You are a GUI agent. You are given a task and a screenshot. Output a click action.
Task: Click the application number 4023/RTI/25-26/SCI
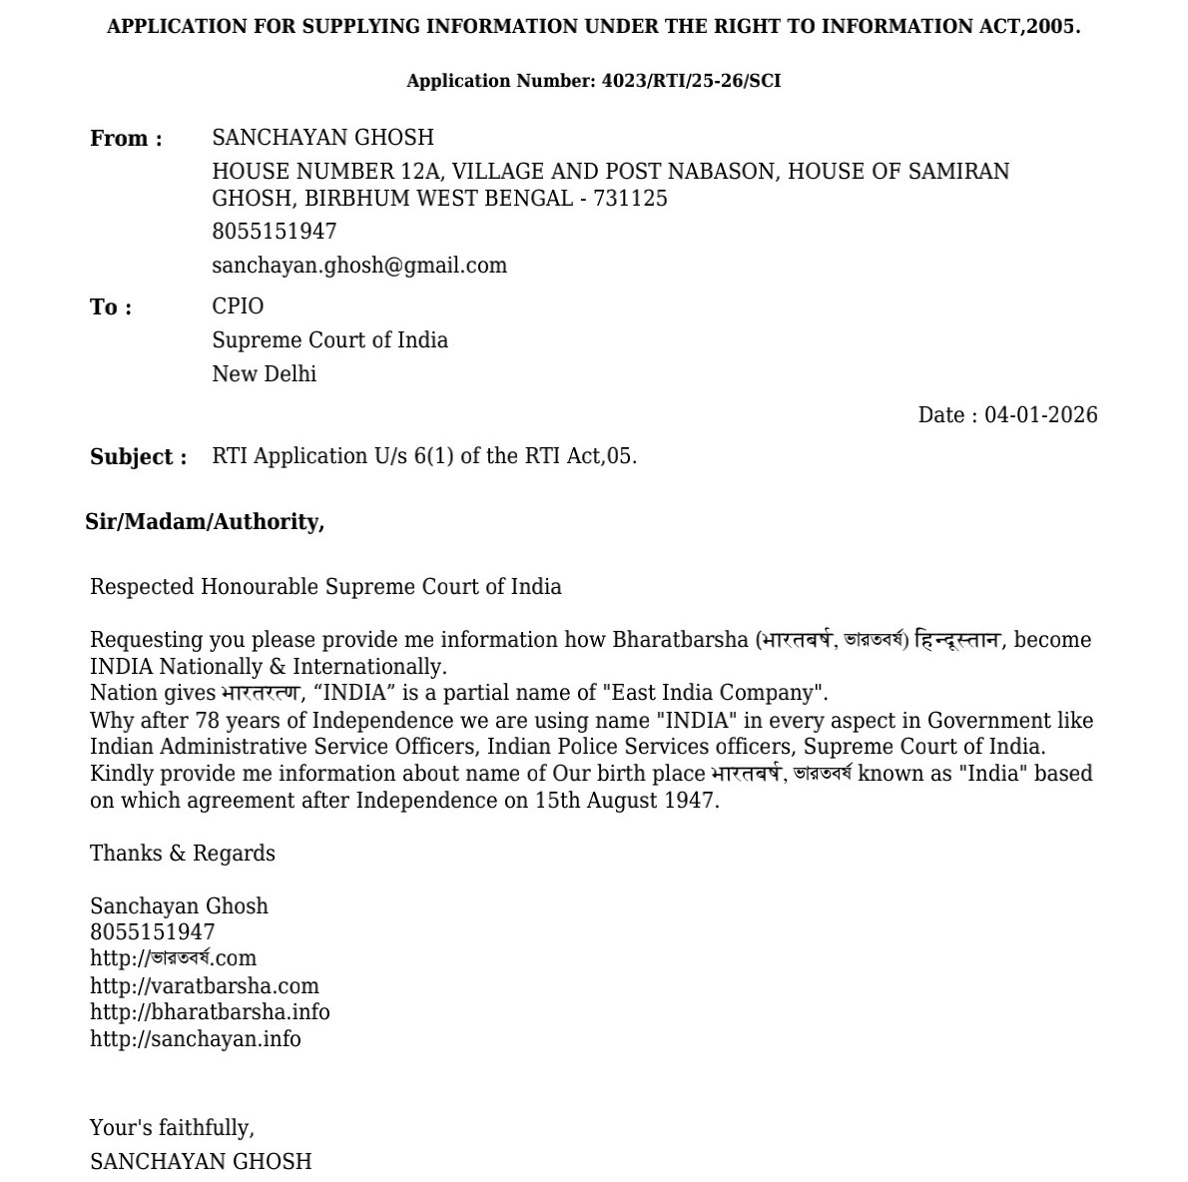point(691,81)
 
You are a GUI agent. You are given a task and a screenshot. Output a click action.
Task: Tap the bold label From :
point(126,139)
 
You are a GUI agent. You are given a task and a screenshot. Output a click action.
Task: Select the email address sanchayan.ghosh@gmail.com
point(359,266)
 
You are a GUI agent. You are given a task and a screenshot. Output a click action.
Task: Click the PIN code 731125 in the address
point(630,199)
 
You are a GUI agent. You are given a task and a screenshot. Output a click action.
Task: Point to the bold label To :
point(111,307)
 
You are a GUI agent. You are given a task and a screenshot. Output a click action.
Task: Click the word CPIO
point(238,306)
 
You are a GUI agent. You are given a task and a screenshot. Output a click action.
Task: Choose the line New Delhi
point(264,374)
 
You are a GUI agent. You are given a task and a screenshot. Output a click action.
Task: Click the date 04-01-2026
point(1040,415)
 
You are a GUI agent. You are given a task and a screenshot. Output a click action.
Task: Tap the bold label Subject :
point(138,457)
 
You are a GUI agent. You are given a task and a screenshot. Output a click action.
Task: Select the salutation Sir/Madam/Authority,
point(205,522)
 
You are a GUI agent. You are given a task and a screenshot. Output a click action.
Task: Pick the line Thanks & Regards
point(183,854)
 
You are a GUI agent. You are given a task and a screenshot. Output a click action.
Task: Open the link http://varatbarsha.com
point(205,986)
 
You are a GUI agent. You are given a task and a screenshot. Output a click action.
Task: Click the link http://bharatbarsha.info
point(210,1012)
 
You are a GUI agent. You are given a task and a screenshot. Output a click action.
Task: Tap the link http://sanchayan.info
point(196,1039)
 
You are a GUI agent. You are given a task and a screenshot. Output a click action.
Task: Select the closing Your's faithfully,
point(172,1128)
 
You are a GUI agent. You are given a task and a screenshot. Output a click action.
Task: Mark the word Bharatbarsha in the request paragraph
point(680,640)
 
